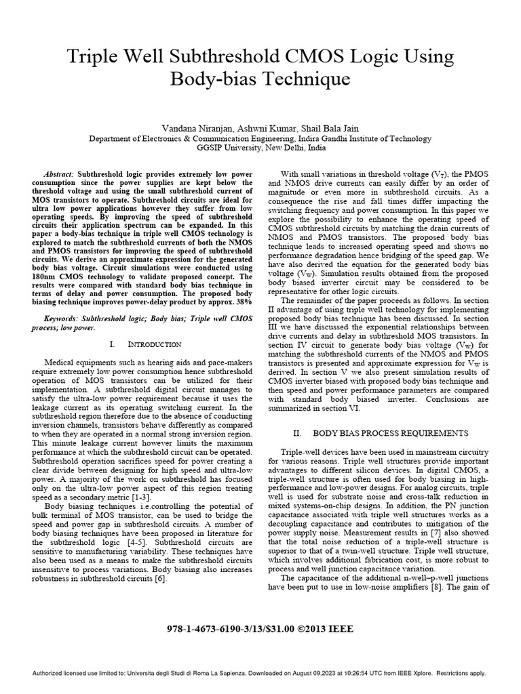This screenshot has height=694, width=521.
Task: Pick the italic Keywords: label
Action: coord(65,317)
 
